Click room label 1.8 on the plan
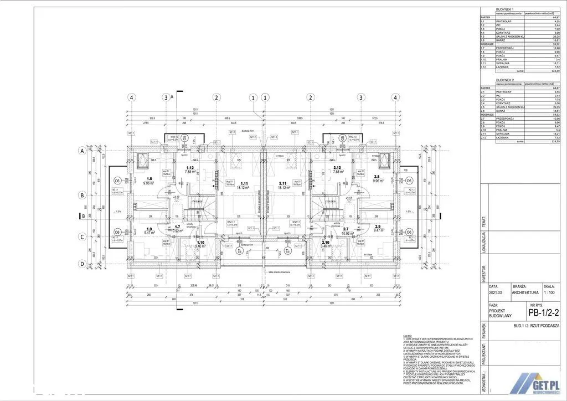click(149, 178)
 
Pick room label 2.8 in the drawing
click(376, 176)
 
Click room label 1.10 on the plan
click(200, 242)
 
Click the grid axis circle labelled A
click(82, 150)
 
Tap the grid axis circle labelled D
click(82, 264)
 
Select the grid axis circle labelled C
click(82, 238)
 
